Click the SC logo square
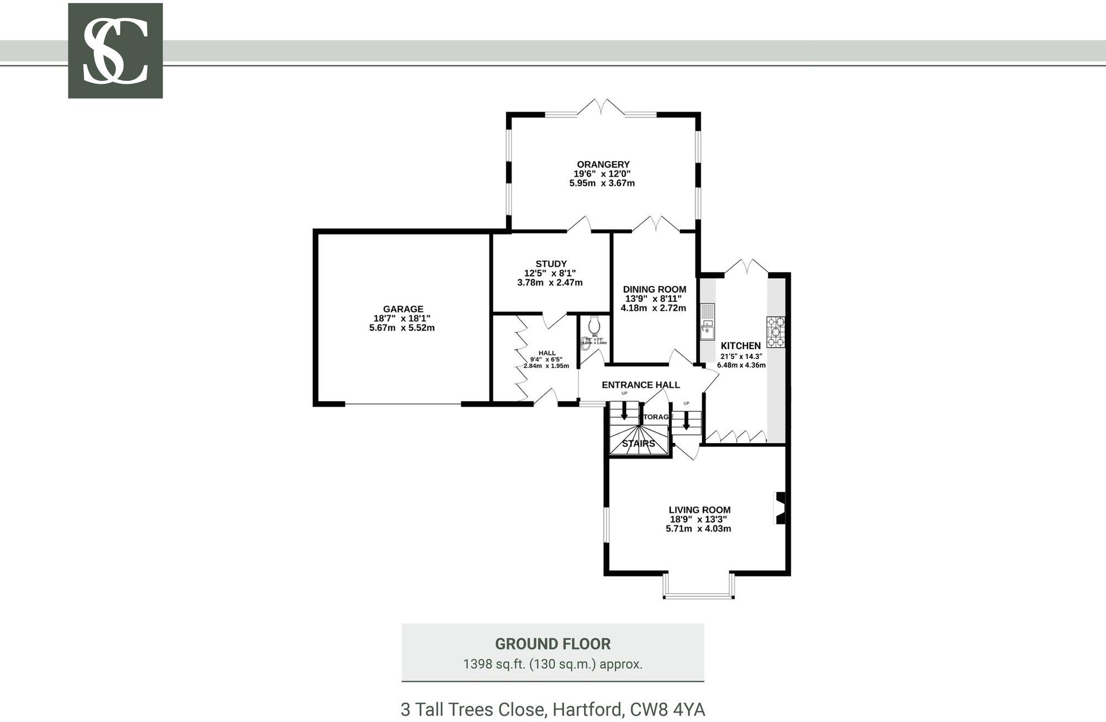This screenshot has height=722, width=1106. pyautogui.click(x=115, y=51)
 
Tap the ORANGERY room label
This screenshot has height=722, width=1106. pyautogui.click(x=603, y=164)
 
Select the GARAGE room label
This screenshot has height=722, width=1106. pyautogui.click(x=403, y=309)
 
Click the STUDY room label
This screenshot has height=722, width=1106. pyautogui.click(x=551, y=264)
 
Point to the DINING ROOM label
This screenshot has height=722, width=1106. pyautogui.click(x=654, y=289)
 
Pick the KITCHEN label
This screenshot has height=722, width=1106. pyautogui.click(x=740, y=346)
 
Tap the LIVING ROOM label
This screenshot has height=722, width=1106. pyautogui.click(x=699, y=510)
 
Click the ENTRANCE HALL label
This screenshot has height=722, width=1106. pyautogui.click(x=640, y=385)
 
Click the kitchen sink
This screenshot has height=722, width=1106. pyautogui.click(x=707, y=321)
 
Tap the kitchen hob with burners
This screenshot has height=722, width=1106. pyautogui.click(x=776, y=331)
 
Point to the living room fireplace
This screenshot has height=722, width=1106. pyautogui.click(x=780, y=508)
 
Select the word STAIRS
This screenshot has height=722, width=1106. pyautogui.click(x=638, y=444)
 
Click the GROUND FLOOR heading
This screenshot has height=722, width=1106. pyautogui.click(x=552, y=644)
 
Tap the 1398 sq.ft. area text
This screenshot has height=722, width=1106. pyautogui.click(x=552, y=664)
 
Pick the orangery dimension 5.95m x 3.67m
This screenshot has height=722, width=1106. pyautogui.click(x=602, y=183)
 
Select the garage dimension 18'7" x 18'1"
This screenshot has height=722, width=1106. pyautogui.click(x=402, y=319)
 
